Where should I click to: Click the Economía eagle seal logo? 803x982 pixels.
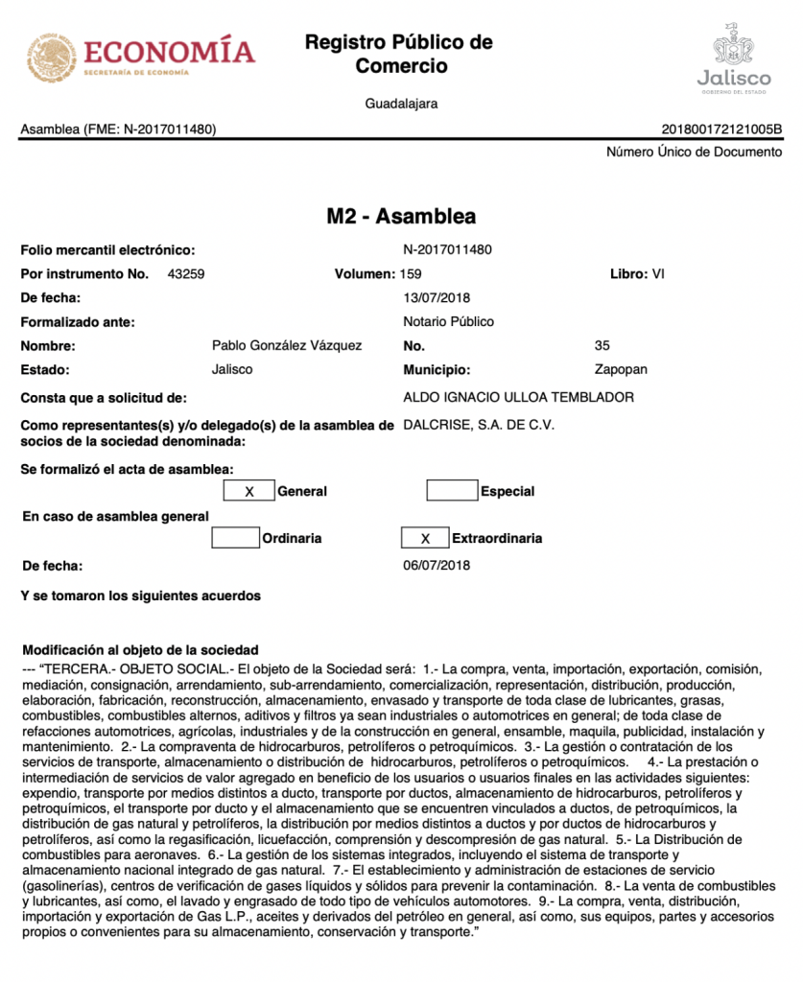pos(52,58)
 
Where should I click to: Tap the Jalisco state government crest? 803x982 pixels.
pos(733,48)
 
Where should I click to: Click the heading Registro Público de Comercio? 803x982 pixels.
pos(400,54)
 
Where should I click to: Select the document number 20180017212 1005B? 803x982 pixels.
pos(721,129)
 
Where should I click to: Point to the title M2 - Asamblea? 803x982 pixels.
pos(401,216)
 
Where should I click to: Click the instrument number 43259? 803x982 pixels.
pos(185,273)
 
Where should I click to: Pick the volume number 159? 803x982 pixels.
pos(411,273)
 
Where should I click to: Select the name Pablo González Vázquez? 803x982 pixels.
pos(287,345)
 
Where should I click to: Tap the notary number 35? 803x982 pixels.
pos(602,345)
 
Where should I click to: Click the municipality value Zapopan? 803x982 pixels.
pos(622,369)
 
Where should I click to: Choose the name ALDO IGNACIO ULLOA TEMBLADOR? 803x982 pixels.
pos(519,397)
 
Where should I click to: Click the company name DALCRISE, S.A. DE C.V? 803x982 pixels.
pos(480,424)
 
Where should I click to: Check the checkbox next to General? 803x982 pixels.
pos(249,491)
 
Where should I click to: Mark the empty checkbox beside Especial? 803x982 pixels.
pos(452,491)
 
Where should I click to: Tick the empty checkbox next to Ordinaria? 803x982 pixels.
pos(235,538)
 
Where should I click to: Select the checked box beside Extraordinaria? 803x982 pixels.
pos(426,538)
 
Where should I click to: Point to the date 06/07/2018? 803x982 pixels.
pos(437,565)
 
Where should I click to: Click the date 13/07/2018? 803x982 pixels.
pos(437,297)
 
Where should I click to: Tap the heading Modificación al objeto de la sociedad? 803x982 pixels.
pos(140,649)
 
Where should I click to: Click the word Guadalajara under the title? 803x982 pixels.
pos(401,104)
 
